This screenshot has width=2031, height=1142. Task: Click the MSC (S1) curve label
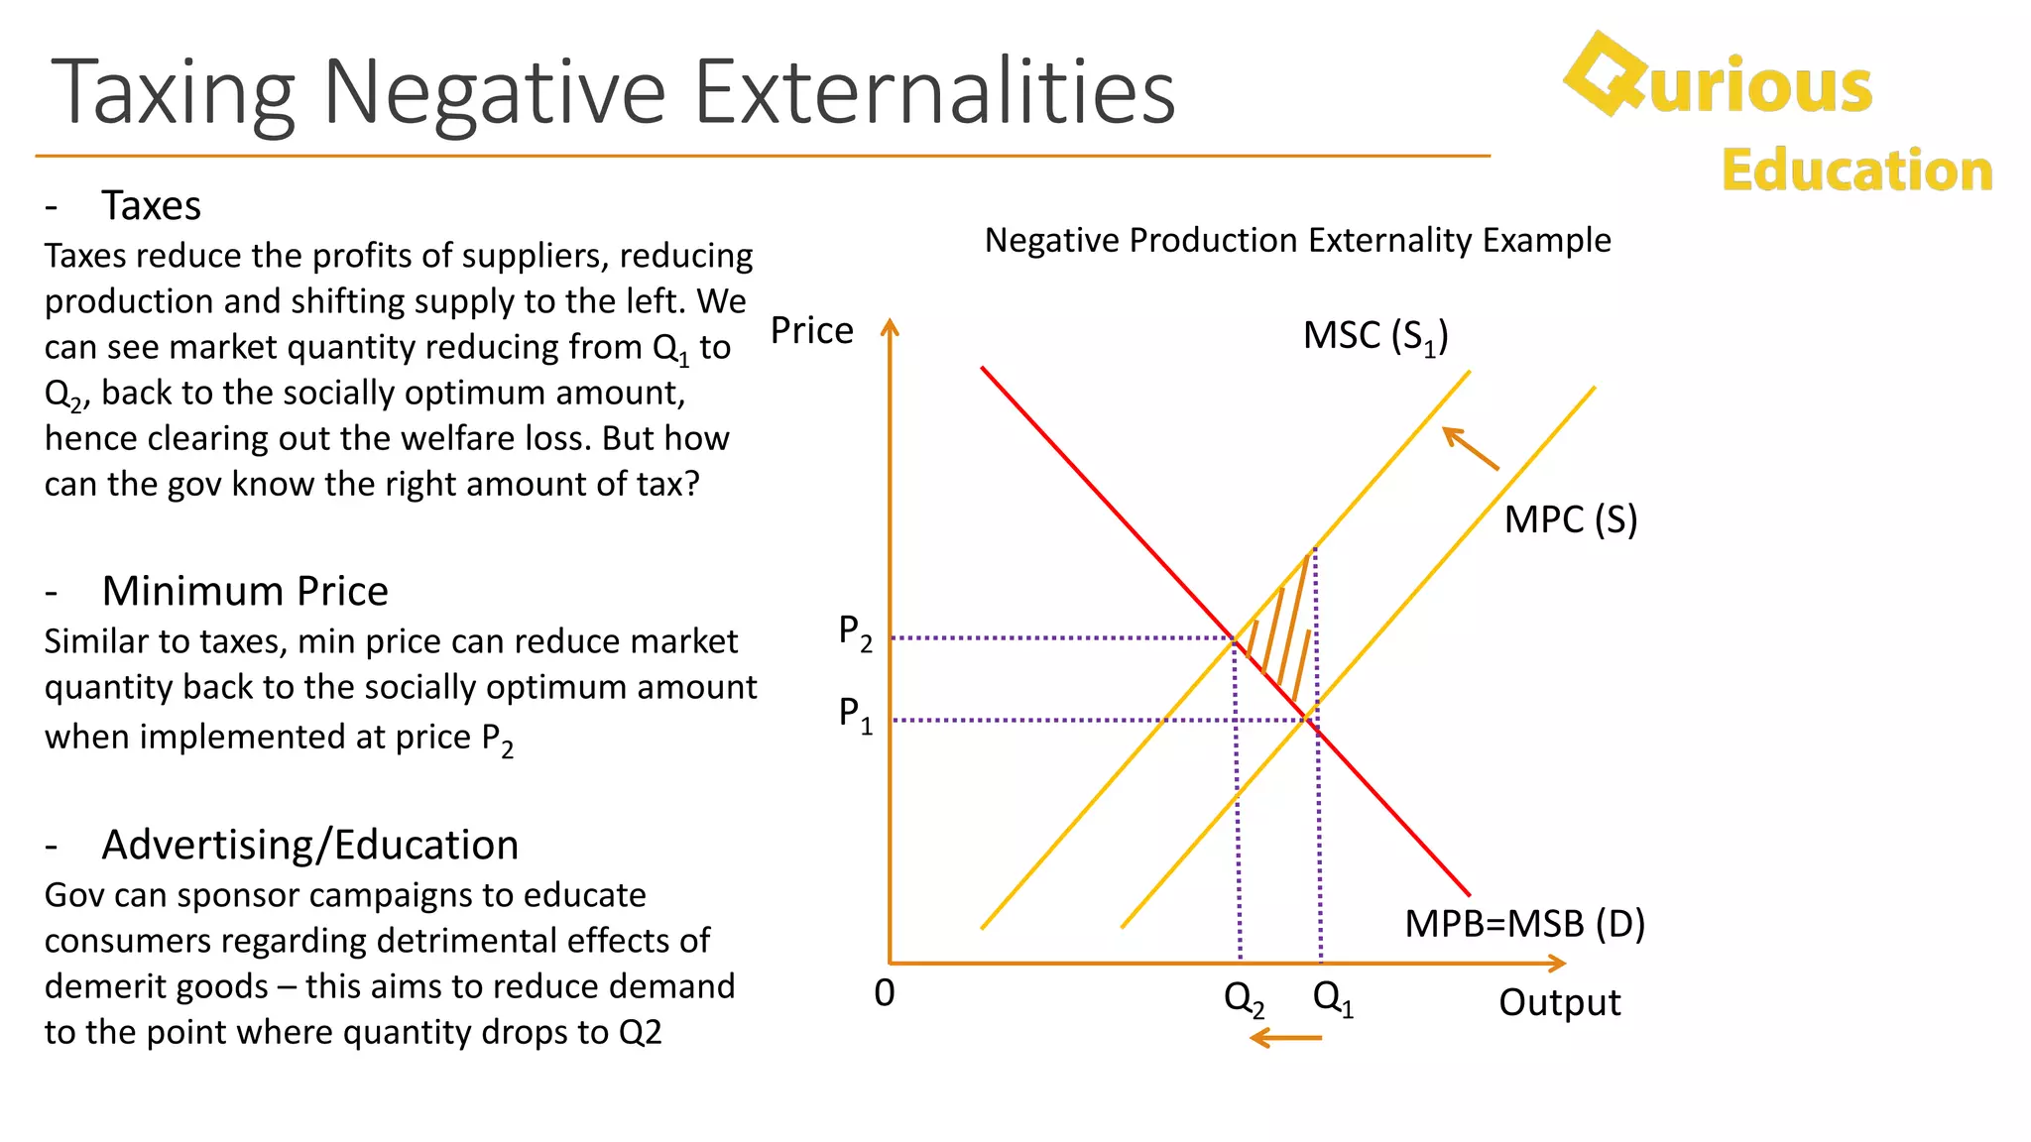point(1374,337)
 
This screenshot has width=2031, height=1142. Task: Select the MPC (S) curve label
point(1570,520)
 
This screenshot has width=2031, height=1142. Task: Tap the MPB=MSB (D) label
point(1524,924)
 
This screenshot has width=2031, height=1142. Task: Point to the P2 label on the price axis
point(855,631)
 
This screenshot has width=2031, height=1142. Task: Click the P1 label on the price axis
point(855,714)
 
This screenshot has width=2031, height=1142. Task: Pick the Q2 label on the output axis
point(1244,998)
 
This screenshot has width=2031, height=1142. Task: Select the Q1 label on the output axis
point(1333,997)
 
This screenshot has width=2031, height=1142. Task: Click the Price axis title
point(811,330)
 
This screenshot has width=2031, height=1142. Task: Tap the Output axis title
point(1559,1002)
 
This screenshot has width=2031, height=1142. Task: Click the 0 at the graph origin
point(885,992)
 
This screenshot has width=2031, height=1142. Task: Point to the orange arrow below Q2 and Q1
point(1285,1038)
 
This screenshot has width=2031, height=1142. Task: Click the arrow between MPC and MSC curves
point(1470,448)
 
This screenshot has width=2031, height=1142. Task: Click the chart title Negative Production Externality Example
point(1297,240)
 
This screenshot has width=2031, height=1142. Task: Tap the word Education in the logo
point(1856,170)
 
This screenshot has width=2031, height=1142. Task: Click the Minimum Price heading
point(245,591)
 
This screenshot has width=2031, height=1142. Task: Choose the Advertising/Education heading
point(309,845)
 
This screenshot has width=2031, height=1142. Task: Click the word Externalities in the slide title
point(934,91)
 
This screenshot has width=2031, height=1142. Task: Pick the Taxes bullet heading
point(151,206)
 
